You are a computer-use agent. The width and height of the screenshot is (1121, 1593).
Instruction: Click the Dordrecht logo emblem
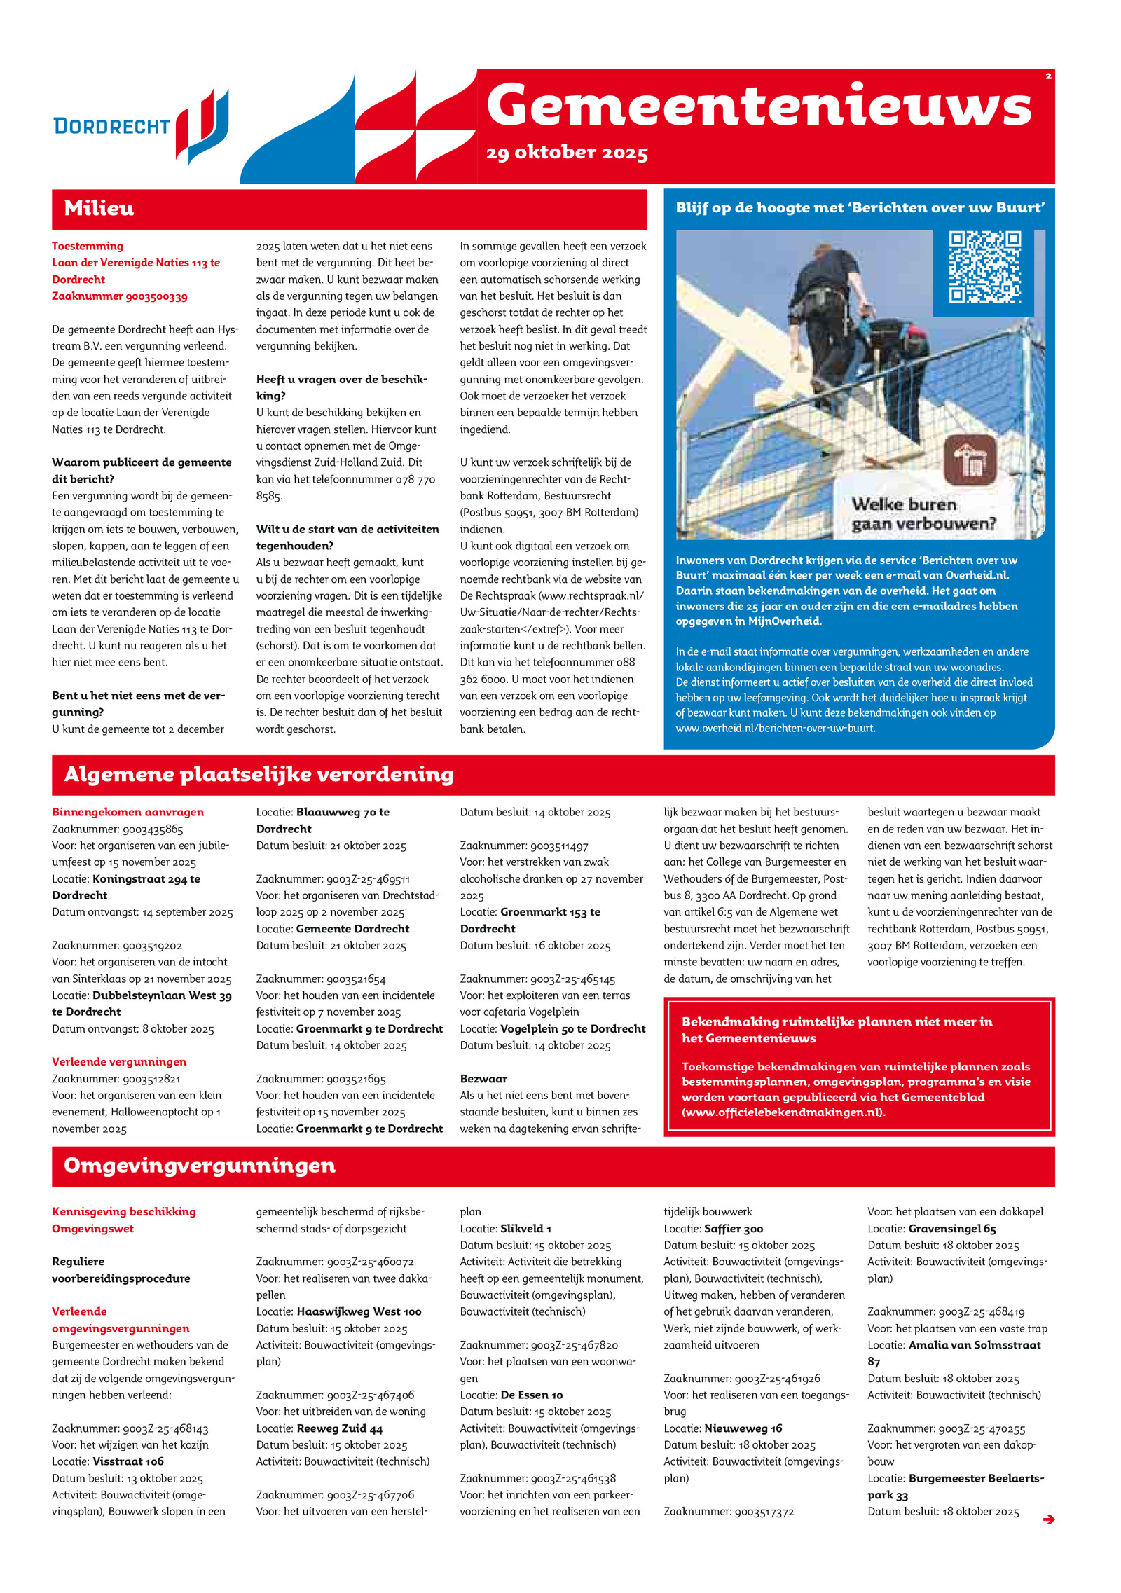(202, 126)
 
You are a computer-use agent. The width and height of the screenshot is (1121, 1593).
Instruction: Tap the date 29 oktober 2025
(567, 153)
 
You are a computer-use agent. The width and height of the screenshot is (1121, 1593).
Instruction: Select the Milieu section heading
(99, 208)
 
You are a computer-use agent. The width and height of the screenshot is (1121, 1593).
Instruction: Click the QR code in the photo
(984, 267)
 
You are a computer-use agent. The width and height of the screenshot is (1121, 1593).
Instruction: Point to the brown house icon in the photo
(970, 459)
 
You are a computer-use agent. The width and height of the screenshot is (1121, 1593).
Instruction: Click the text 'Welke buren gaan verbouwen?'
(923, 513)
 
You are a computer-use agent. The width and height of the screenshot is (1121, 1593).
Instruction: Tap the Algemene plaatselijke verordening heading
(259, 774)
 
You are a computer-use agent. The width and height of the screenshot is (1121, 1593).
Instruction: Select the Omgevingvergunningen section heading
(200, 1165)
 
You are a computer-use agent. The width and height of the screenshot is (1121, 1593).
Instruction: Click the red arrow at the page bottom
(1048, 1519)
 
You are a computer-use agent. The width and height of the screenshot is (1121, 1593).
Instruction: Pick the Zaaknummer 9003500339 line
(120, 296)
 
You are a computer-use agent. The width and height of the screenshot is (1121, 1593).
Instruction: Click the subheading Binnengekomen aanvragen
(128, 812)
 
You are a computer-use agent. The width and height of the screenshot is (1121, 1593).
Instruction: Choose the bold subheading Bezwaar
(483, 1079)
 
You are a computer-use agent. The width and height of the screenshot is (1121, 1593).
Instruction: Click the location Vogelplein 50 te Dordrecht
(572, 1028)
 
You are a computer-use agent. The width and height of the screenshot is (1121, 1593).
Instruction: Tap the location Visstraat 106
(128, 1461)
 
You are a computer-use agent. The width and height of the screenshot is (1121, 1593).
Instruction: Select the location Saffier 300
(733, 1228)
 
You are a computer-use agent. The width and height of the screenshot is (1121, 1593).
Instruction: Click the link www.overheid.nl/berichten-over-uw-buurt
(776, 728)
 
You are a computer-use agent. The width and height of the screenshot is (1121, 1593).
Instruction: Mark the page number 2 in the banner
(1048, 76)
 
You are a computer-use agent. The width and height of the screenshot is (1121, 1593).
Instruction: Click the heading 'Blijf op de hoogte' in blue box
(860, 207)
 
